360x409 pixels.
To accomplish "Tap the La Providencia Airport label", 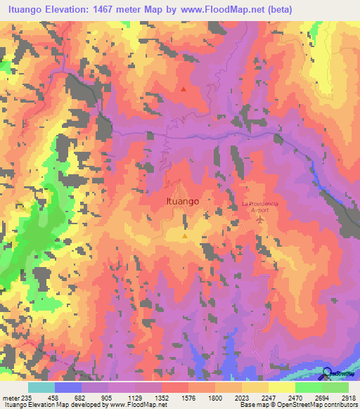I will coord(261,206).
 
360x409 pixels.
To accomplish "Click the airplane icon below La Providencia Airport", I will coord(261,221).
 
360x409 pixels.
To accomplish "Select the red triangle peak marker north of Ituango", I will coord(184,89).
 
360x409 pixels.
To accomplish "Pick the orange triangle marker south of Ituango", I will coord(185,237).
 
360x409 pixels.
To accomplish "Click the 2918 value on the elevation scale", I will coord(348,396).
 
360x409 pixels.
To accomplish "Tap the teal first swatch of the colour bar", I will coord(41,387).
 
